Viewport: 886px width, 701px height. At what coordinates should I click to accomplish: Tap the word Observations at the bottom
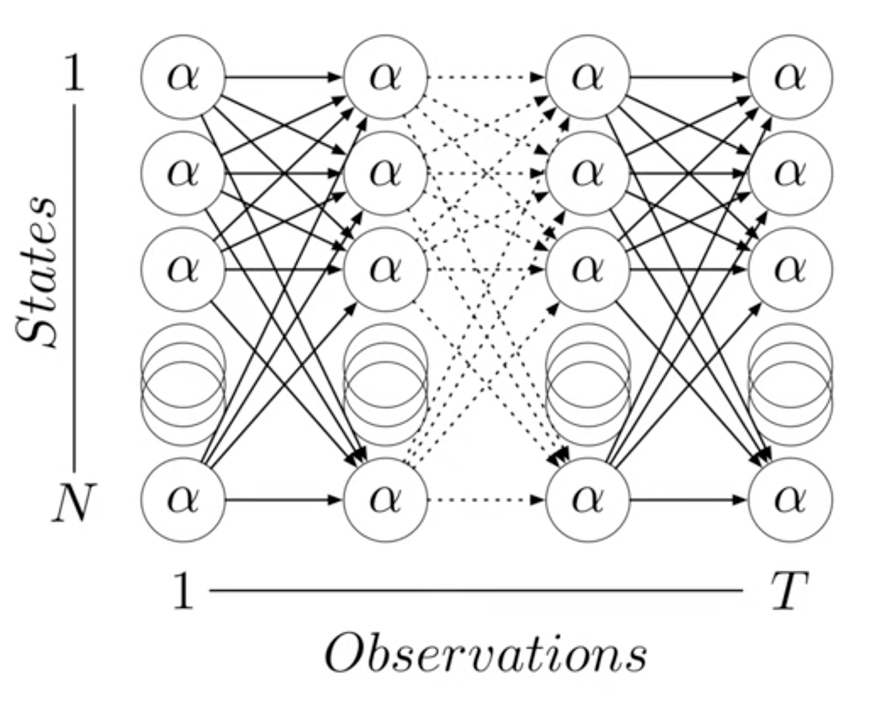[x=485, y=655]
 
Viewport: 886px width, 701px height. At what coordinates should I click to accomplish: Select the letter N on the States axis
[x=72, y=503]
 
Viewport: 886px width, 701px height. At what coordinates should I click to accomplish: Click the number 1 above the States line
[x=74, y=74]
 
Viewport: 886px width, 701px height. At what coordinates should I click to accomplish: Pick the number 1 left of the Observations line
[x=183, y=591]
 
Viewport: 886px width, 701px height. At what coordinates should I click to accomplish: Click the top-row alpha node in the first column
[x=183, y=77]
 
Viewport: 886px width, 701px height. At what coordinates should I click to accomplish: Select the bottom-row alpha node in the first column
[x=183, y=499]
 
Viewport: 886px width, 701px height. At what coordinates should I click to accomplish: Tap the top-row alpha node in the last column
[x=790, y=77]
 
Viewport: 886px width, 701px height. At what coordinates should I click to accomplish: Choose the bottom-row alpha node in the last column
[x=790, y=499]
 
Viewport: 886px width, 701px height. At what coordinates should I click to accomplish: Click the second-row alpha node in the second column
[x=386, y=173]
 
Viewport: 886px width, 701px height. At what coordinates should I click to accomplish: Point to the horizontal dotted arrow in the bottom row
[x=487, y=499]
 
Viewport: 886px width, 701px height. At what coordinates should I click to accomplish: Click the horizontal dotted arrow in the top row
[x=487, y=77]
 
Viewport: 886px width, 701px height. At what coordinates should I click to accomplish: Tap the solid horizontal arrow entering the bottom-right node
[x=689, y=499]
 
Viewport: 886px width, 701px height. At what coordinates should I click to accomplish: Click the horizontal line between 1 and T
[x=476, y=591]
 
